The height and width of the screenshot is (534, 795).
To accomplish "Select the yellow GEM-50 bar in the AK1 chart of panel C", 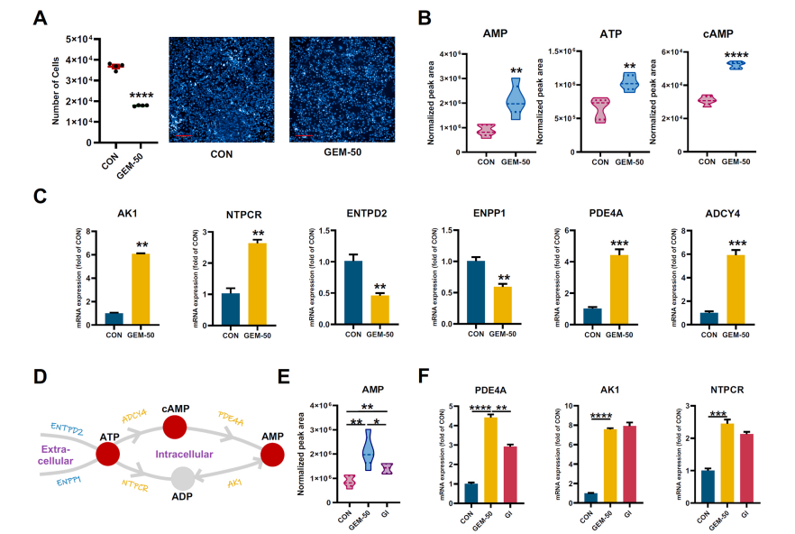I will tap(141, 286).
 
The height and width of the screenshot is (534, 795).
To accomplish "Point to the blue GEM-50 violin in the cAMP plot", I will tap(737, 64).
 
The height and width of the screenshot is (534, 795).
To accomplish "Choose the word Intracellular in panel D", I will tap(184, 454).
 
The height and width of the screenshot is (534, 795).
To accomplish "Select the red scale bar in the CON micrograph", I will tap(184, 136).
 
